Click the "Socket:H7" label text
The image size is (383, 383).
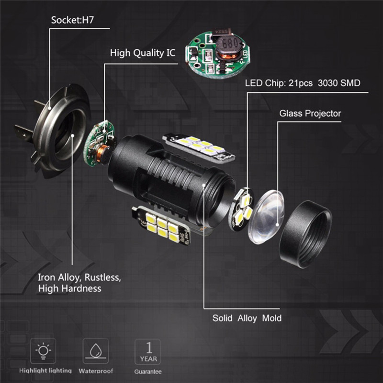click(x=72, y=20)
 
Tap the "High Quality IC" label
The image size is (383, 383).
click(x=143, y=53)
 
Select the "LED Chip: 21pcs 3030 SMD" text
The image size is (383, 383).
click(x=303, y=83)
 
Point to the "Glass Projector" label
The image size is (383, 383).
click(x=310, y=113)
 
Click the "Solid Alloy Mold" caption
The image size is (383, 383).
click(x=247, y=318)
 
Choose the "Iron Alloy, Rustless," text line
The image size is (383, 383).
click(x=79, y=278)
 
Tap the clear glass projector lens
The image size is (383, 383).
click(x=266, y=217)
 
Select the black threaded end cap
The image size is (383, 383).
click(x=305, y=234)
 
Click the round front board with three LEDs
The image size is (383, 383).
click(x=241, y=209)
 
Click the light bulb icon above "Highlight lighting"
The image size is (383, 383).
click(x=43, y=351)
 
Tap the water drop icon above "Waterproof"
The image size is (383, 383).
click(x=95, y=351)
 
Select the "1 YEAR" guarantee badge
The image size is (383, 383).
click(x=147, y=352)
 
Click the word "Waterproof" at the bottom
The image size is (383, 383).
click(x=96, y=371)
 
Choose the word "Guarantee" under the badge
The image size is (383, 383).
click(x=148, y=372)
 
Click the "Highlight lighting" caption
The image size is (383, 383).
click(x=45, y=371)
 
